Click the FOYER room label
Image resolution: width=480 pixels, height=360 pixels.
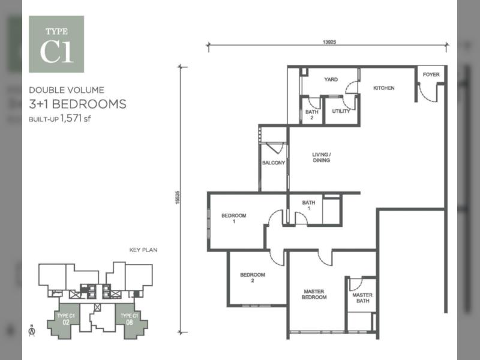point(431,74)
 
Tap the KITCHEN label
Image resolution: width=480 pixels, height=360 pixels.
point(384,88)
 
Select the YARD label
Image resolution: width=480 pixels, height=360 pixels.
point(331,80)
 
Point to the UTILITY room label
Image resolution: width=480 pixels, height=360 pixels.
point(341,111)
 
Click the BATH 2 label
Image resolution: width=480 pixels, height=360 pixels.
point(312,115)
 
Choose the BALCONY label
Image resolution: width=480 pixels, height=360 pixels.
point(274,163)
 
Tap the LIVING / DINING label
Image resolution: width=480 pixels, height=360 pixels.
point(322,157)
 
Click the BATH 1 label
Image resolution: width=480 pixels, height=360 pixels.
point(308,205)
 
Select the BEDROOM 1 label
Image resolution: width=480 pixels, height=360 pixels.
point(234,218)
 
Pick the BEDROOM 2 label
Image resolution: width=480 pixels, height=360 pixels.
point(253,277)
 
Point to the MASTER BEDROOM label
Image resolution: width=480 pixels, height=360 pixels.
point(314,294)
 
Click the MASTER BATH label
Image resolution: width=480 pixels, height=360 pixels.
point(362,298)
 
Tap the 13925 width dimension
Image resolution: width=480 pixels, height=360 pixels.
point(329,42)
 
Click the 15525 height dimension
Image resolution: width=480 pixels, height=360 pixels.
point(178,198)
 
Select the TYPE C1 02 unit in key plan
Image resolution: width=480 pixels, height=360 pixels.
point(65,320)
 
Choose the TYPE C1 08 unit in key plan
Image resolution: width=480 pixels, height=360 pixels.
point(130,320)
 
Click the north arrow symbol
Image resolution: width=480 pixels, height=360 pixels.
point(32,331)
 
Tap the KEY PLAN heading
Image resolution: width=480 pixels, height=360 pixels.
point(143,250)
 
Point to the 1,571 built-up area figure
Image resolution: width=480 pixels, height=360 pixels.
point(71,118)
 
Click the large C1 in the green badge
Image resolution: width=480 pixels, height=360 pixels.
point(56,52)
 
